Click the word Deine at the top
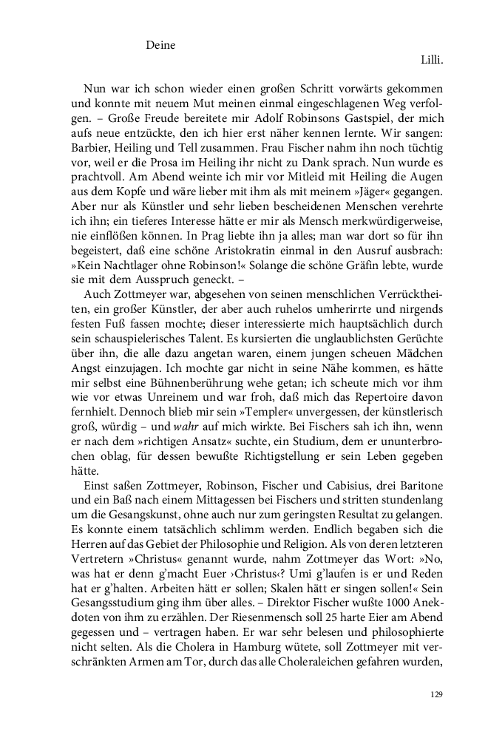pyautogui.click(x=160, y=45)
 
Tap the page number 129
pyautogui.click(x=436, y=694)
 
